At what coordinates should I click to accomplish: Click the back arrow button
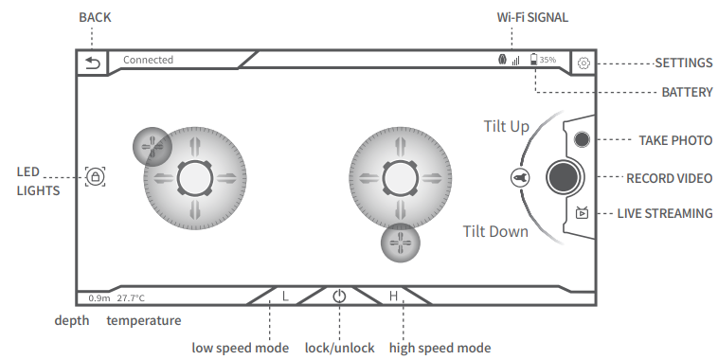click(x=93, y=63)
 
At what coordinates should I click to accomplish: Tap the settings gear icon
click(x=583, y=63)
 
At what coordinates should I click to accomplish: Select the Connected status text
click(x=148, y=60)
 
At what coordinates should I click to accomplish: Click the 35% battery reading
click(x=547, y=60)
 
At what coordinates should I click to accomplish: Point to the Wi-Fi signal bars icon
click(x=516, y=60)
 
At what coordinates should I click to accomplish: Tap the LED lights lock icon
click(x=96, y=176)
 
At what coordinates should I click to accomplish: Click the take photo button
click(x=582, y=139)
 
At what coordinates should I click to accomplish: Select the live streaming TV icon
click(x=582, y=212)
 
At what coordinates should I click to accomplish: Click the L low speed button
click(x=285, y=296)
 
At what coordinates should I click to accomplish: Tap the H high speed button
click(x=393, y=296)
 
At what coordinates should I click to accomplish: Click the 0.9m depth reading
click(x=99, y=297)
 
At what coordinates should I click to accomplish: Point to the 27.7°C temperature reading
click(x=131, y=297)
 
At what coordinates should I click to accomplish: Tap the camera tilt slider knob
click(x=520, y=178)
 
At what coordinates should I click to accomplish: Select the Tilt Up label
click(x=507, y=126)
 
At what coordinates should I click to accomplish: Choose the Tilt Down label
click(x=495, y=231)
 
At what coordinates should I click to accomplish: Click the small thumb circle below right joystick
click(x=401, y=243)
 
